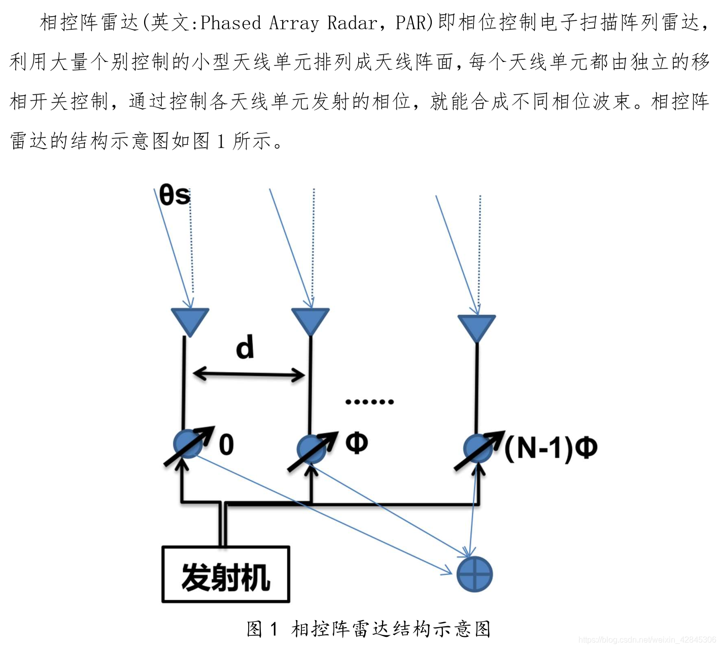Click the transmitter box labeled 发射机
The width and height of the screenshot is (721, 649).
point(225,574)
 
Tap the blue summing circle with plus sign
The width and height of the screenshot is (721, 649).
point(474,574)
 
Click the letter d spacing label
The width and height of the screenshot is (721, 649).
point(245,348)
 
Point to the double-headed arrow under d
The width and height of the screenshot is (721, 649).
point(249,375)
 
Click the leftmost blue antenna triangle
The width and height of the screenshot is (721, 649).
point(190,320)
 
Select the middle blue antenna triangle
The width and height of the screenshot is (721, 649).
point(311,320)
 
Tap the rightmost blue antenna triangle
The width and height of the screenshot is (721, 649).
point(476,327)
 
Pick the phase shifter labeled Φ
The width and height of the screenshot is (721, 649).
point(312,449)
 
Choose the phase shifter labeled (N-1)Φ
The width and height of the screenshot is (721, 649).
point(477,449)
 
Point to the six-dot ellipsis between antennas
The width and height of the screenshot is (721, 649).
point(369,402)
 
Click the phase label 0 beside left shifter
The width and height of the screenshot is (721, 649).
point(226,445)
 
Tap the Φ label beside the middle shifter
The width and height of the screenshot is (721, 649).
point(357,443)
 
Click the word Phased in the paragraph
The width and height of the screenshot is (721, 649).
point(231,23)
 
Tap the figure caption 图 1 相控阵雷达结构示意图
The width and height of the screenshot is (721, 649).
point(368,629)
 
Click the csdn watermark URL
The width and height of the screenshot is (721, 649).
point(647,640)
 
